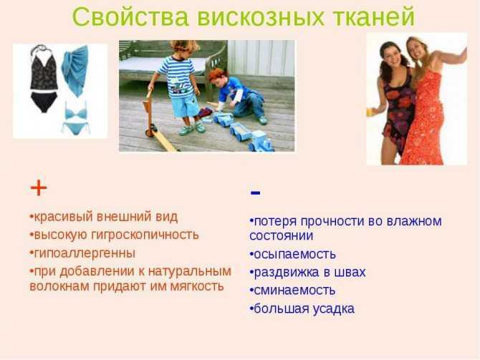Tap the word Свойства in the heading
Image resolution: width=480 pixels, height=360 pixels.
(130, 17)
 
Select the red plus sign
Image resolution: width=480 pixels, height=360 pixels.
(39, 188)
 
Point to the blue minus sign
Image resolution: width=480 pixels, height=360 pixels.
(255, 193)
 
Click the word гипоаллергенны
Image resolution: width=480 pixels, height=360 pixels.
(85, 253)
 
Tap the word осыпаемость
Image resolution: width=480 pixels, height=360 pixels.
(294, 254)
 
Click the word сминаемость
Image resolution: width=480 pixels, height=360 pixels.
(294, 291)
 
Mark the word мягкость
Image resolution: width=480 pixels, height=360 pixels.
(197, 286)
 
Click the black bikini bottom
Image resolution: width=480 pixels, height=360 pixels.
(44, 102)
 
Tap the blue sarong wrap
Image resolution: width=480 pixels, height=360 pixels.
(75, 70)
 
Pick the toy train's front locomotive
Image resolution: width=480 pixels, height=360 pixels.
(261, 141)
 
